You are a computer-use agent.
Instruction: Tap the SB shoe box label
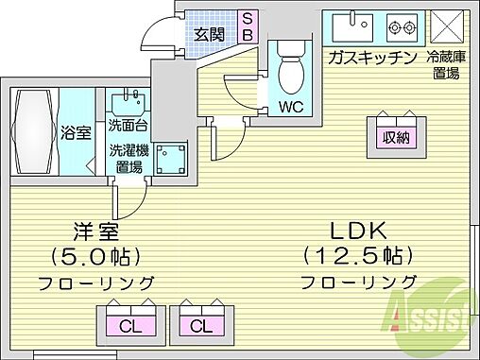click(x=248, y=26)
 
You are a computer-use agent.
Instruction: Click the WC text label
click(x=289, y=105)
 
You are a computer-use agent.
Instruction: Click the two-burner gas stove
click(x=403, y=23)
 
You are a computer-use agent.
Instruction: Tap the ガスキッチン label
click(x=370, y=57)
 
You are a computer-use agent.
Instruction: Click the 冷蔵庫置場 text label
click(x=445, y=64)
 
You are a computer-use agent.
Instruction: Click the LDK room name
click(x=357, y=229)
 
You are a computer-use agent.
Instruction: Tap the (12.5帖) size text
click(x=357, y=254)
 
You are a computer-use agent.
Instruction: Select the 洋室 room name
click(x=94, y=229)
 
